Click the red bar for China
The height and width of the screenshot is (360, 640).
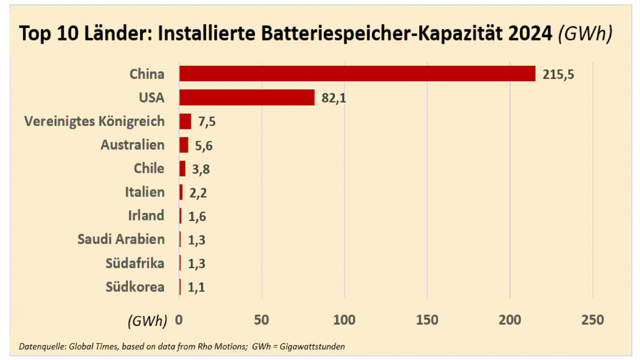(357, 73)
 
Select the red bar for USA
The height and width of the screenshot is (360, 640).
(247, 97)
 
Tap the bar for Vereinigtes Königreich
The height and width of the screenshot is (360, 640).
(185, 121)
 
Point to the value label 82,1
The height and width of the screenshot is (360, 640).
(333, 98)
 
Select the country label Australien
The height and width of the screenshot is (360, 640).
(132, 145)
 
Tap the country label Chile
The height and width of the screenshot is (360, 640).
(149, 168)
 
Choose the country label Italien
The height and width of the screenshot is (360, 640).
(144, 192)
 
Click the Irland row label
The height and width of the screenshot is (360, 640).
(146, 215)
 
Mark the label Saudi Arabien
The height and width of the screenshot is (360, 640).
(121, 239)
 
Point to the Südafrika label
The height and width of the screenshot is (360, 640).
(135, 263)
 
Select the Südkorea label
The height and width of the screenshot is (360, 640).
(135, 287)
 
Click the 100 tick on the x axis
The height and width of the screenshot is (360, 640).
(344, 320)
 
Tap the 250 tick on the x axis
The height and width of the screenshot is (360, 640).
(592, 320)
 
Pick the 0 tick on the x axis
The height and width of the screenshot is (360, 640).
(179, 320)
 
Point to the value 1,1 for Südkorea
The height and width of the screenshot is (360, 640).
(196, 287)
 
